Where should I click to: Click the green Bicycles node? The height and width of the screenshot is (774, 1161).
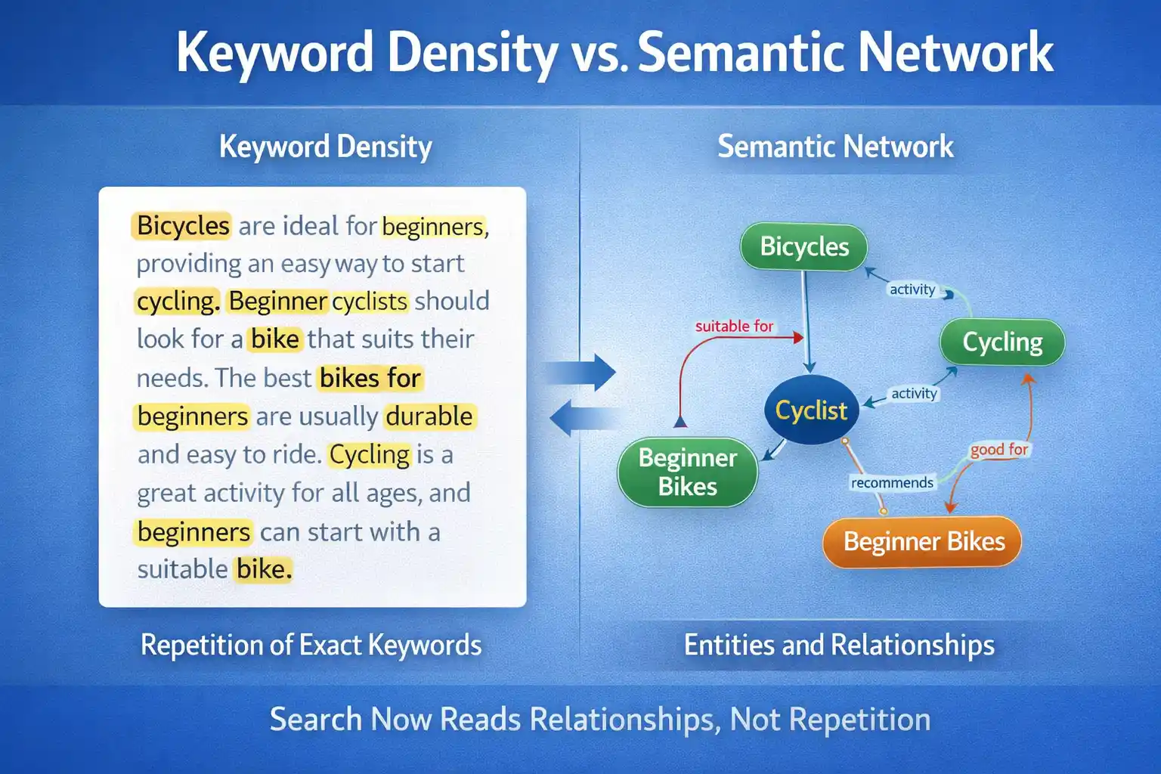click(x=803, y=247)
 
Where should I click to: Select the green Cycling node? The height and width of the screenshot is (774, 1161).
click(x=1002, y=342)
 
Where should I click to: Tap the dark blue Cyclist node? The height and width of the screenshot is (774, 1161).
click(x=811, y=410)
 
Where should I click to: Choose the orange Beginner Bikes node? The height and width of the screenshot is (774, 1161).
click(x=923, y=542)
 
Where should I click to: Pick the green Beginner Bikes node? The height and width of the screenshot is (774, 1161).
click(x=687, y=472)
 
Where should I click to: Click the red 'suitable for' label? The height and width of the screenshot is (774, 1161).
click(x=734, y=327)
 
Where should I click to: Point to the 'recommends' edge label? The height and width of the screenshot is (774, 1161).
click(x=892, y=483)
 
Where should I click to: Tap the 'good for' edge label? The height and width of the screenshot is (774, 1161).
click(x=998, y=450)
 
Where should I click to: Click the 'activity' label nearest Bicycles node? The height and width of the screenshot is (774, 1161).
click(x=912, y=289)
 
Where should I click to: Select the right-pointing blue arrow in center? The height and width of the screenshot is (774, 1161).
click(x=583, y=372)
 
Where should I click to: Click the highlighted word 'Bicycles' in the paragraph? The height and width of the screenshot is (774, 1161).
click(x=182, y=226)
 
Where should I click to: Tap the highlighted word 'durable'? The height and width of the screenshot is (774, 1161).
click(x=429, y=416)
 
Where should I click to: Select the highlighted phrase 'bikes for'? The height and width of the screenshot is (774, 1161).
click(x=370, y=378)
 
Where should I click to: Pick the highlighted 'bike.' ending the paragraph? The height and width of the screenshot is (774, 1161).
click(x=263, y=569)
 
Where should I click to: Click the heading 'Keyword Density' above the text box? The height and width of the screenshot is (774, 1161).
click(x=325, y=147)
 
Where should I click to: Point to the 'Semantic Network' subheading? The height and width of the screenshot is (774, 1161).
click(x=835, y=147)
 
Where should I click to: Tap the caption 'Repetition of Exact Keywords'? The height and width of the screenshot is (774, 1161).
click(x=311, y=646)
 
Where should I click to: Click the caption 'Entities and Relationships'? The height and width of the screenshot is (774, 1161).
click(x=839, y=646)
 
